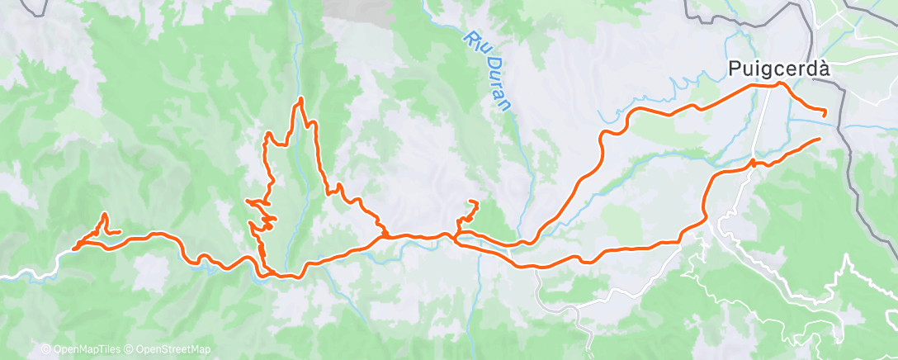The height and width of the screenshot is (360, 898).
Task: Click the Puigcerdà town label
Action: [x=778, y=69]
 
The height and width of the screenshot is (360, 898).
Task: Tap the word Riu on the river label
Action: [x=474, y=43]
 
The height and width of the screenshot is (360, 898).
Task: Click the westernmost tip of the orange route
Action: [x=74, y=248]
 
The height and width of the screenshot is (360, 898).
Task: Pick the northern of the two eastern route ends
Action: [x=825, y=112]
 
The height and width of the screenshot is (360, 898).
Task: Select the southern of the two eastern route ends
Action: [x=819, y=140]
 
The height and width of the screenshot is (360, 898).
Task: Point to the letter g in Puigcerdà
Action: [x=763, y=72]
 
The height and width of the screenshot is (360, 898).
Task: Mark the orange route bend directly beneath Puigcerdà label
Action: [x=779, y=84]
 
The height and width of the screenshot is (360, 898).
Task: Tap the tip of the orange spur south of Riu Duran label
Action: [x=475, y=202]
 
